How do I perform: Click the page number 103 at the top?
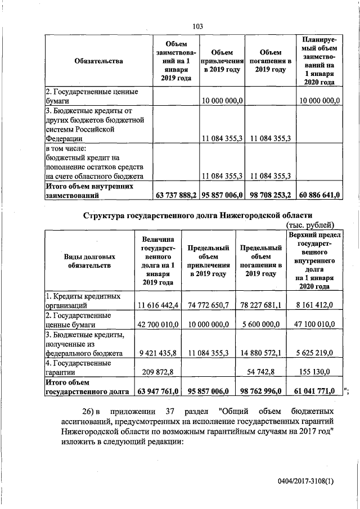(197, 26)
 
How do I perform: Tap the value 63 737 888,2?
(175, 196)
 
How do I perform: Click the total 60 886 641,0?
(319, 196)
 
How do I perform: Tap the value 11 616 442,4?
(158, 305)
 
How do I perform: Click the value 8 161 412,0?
(314, 305)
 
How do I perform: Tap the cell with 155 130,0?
(314, 372)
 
